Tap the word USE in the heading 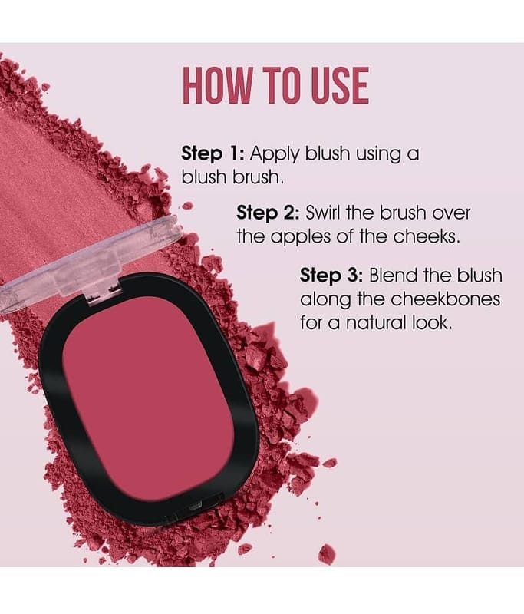[x=340, y=85]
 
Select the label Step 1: [x=213, y=153]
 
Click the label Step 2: [x=268, y=213]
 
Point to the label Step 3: [x=332, y=276]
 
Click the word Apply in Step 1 [x=275, y=154]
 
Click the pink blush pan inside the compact [x=149, y=398]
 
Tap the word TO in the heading [x=281, y=85]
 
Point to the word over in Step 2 [x=451, y=213]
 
